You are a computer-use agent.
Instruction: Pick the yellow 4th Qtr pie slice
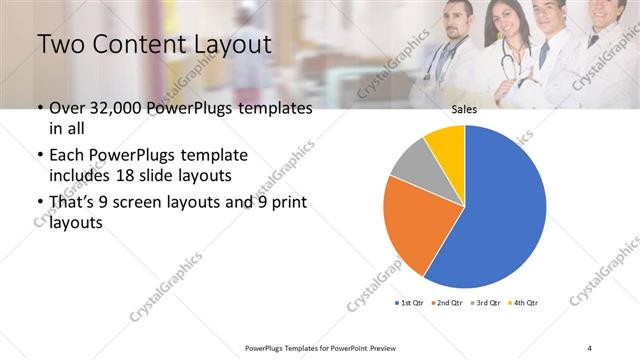pos(446,144)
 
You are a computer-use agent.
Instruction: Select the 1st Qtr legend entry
pos(411,302)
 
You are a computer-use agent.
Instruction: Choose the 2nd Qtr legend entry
pos(446,302)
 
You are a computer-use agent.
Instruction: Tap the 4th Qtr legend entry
pos(524,302)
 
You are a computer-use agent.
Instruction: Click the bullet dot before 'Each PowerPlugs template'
pos(39,156)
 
